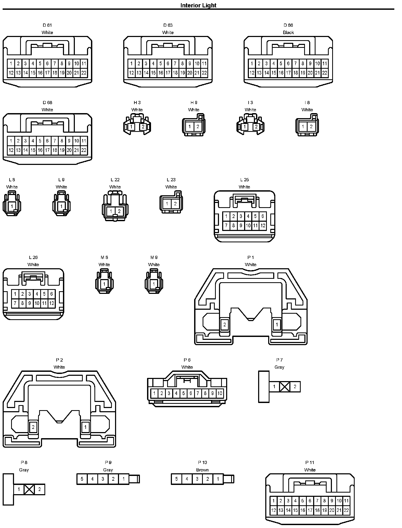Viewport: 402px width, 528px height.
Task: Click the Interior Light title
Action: click(198, 5)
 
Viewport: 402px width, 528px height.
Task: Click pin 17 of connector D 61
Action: click(47, 73)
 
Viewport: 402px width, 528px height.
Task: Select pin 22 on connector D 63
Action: click(204, 73)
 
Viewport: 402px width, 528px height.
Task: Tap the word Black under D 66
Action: click(288, 33)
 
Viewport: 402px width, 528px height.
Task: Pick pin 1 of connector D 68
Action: click(11, 141)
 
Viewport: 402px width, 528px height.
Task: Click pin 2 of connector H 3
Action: click(143, 127)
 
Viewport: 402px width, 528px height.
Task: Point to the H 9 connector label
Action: click(194, 103)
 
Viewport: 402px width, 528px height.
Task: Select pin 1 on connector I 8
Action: click(303, 127)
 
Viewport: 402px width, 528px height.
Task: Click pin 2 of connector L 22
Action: click(119, 211)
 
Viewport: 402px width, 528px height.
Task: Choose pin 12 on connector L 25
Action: click(263, 226)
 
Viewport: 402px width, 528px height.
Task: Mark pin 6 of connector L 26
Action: click(52, 294)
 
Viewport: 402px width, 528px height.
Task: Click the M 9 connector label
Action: click(154, 257)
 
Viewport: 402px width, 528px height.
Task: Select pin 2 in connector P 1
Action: click(225, 325)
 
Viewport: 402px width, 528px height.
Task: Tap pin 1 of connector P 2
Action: click(85, 427)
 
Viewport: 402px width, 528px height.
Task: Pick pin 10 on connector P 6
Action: click(220, 393)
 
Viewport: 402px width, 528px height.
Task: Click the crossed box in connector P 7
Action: click(285, 387)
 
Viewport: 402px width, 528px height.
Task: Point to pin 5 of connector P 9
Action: click(82, 479)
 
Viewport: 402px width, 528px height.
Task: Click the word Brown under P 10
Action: click(202, 470)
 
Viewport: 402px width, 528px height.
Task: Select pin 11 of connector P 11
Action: click(346, 501)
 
